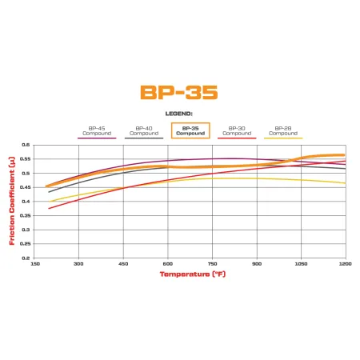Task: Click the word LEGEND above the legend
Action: (179, 114)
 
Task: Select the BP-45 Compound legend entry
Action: (97, 130)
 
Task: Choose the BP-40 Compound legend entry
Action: (144, 130)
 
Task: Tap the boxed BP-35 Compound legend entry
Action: (190, 130)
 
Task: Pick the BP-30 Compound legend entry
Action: (237, 130)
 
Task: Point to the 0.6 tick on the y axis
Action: (26, 145)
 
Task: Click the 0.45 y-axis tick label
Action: (25, 187)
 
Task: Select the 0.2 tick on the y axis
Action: (26, 258)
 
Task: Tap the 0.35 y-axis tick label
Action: (25, 216)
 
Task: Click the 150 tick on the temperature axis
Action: (34, 263)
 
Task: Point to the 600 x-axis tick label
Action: (167, 263)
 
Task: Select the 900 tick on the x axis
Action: (256, 263)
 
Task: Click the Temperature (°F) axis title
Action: (190, 274)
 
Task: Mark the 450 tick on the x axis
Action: (123, 263)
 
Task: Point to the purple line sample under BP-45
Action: (97, 138)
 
